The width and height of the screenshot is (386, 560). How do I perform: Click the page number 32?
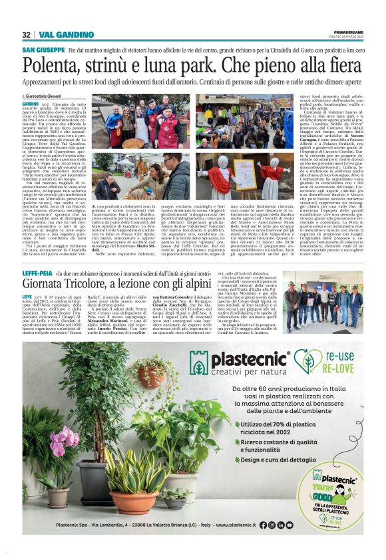point(27,35)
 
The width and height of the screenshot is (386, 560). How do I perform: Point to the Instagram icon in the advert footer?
point(272,525)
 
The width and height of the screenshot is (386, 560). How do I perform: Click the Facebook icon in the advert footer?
point(262,525)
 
